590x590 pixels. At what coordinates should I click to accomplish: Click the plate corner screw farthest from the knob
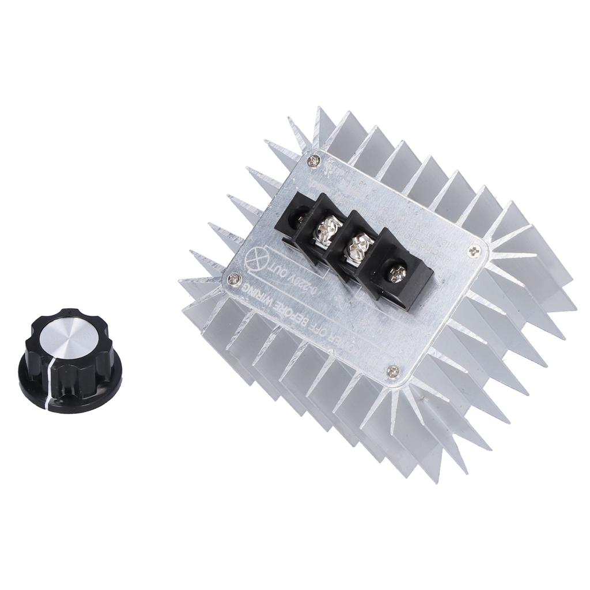(x=475, y=250)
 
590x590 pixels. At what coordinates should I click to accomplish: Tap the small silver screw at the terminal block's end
(x=397, y=273)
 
